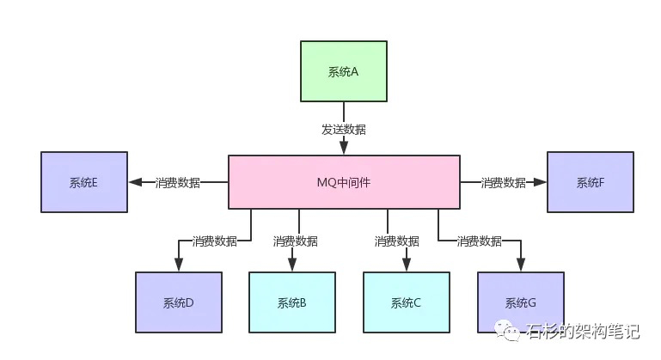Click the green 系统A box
click(343, 71)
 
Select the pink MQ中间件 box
click(343, 182)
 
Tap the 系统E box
click(83, 182)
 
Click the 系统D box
click(178, 302)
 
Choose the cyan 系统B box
click(291, 302)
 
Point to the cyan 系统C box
click(406, 302)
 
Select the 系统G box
click(520, 302)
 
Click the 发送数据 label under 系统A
click(343, 130)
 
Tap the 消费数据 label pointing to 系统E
click(178, 182)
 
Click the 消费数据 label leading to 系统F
click(503, 182)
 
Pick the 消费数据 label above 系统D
click(214, 241)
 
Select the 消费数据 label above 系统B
click(295, 241)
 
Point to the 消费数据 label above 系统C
click(397, 241)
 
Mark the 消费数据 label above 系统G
click(479, 241)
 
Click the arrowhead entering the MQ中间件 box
click(343, 149)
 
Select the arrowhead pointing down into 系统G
click(520, 265)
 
